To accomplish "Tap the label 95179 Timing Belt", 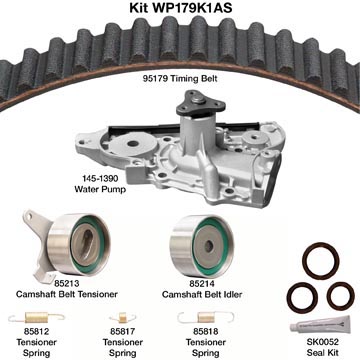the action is click(180, 79).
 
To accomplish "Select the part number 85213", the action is click(67, 284).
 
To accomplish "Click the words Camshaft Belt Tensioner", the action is click(67, 294).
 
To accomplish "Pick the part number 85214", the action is click(202, 284).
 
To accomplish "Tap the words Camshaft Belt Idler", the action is click(202, 294).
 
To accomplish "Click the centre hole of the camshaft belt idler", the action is click(209, 246).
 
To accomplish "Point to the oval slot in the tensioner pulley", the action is click(88, 245).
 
